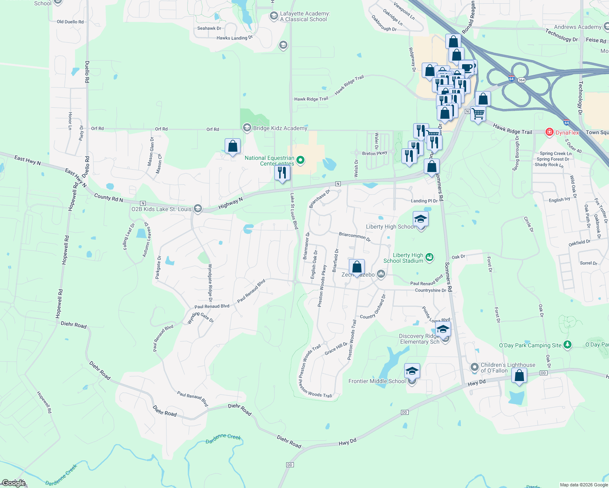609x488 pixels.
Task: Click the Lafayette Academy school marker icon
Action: (274, 16)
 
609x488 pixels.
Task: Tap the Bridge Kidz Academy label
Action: (280, 128)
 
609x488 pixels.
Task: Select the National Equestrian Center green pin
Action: (300, 160)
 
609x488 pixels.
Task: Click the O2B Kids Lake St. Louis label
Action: (161, 209)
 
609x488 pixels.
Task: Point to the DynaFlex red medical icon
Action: (550, 132)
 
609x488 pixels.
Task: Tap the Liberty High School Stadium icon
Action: (429, 257)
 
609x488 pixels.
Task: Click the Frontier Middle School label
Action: (377, 381)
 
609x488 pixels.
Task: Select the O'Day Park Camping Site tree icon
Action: (567, 345)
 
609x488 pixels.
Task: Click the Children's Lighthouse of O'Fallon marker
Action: (474, 367)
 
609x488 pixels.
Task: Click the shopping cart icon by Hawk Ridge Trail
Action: (478, 113)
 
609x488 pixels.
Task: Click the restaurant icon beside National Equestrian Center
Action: (282, 172)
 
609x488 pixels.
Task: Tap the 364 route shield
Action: (521, 80)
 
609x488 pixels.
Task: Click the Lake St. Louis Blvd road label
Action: (294, 211)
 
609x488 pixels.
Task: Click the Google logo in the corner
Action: (14, 483)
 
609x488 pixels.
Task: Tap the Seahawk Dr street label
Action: (209, 28)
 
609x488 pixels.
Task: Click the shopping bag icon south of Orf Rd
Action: (232, 146)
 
